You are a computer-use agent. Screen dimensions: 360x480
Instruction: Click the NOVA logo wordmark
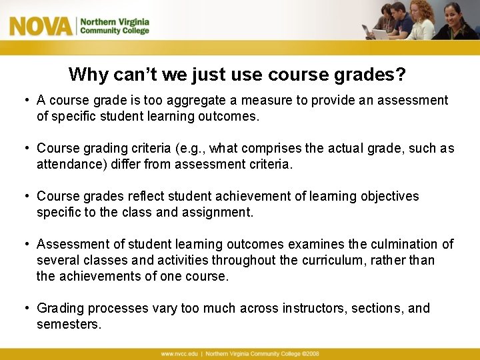click(40, 26)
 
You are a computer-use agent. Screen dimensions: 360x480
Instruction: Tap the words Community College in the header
click(115, 31)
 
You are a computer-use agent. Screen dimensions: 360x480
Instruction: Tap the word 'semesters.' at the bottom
click(69, 324)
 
